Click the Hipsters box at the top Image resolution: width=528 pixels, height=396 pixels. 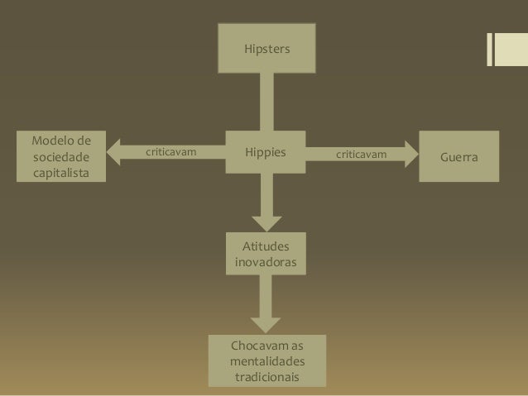click(266, 50)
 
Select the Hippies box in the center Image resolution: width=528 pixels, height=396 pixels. click(266, 153)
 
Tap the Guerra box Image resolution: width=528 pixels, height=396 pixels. click(460, 155)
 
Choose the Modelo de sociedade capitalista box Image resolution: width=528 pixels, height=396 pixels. click(60, 155)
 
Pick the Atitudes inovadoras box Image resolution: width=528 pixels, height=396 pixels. click(266, 254)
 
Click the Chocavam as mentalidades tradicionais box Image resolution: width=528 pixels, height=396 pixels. click(266, 360)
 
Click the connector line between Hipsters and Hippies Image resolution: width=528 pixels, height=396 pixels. click(266, 101)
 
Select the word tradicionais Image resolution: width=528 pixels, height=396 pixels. click(266, 378)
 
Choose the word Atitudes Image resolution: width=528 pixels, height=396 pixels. click(266, 246)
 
